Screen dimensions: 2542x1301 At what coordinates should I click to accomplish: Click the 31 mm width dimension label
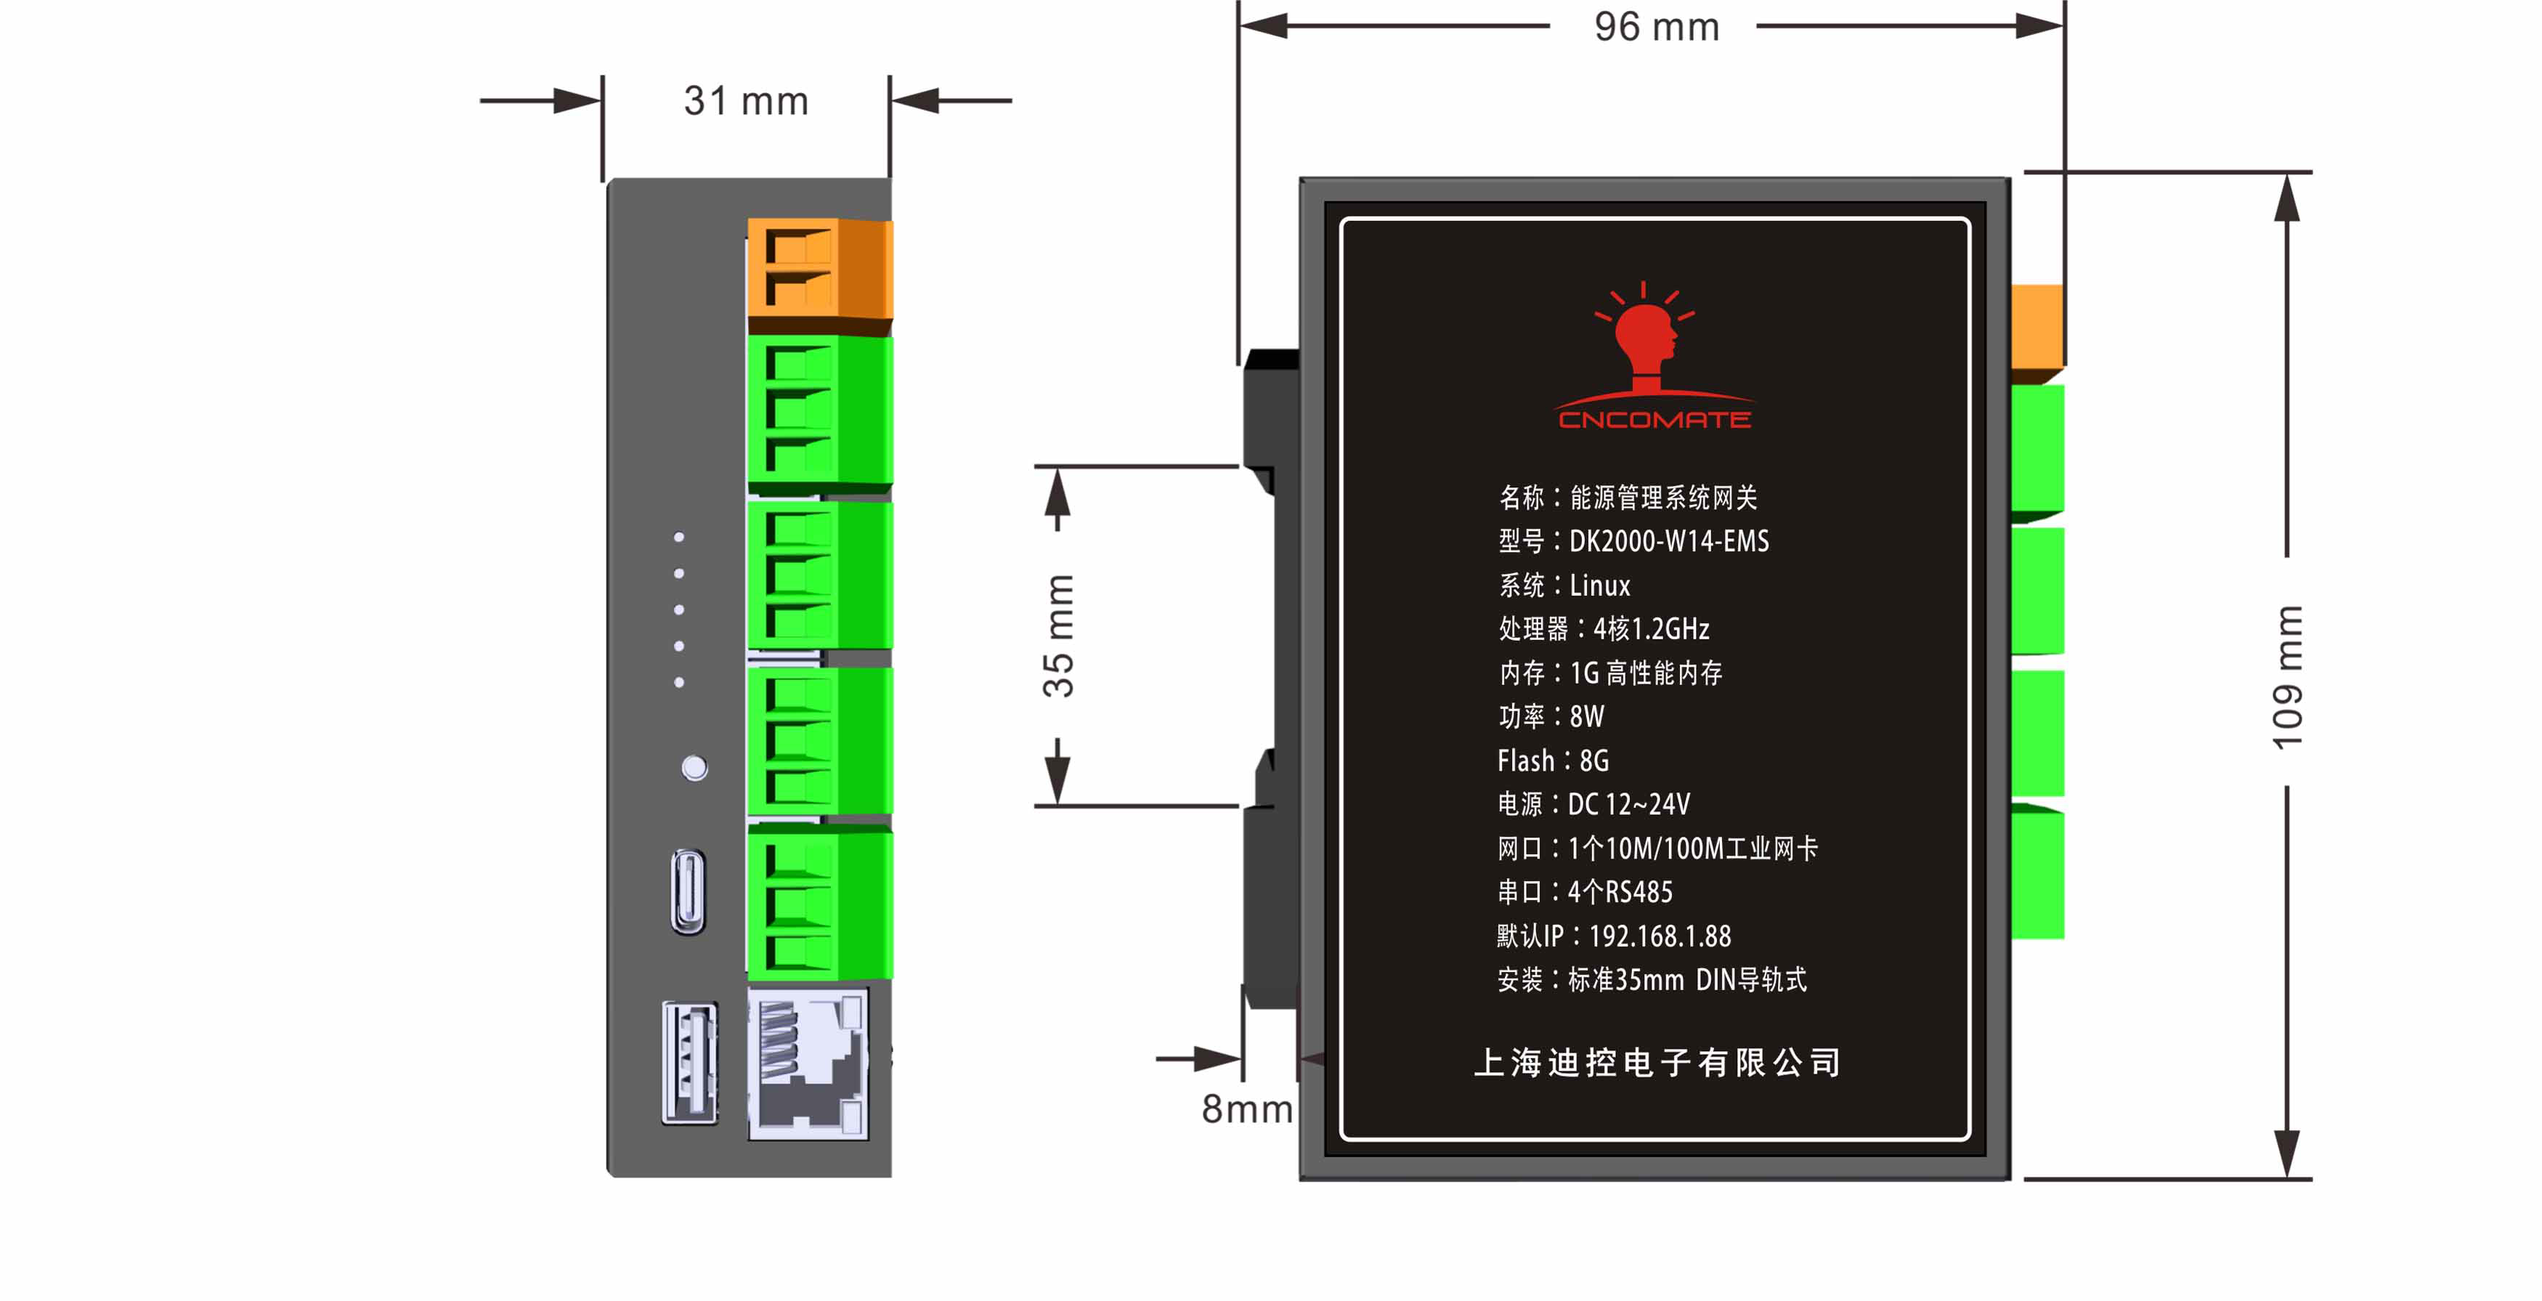[x=746, y=101]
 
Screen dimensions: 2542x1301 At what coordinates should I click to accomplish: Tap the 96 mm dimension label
[x=1657, y=27]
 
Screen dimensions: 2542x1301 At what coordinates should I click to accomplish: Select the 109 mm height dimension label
[x=2286, y=677]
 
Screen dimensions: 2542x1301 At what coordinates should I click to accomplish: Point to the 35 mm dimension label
[x=1058, y=636]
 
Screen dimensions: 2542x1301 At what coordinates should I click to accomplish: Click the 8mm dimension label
[x=1247, y=1109]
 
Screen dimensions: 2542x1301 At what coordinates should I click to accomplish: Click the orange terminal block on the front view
[x=820, y=269]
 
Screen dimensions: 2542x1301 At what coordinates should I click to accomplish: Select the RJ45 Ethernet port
[x=808, y=1064]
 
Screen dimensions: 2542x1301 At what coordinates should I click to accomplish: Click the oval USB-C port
[x=689, y=891]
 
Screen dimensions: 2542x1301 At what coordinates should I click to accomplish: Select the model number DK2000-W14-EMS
[x=1669, y=541]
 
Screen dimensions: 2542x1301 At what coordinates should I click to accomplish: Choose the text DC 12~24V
[x=1629, y=804]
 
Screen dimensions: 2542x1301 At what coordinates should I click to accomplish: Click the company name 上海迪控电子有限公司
[x=1657, y=1062]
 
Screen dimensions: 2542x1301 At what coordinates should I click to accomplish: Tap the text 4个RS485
[x=1620, y=892]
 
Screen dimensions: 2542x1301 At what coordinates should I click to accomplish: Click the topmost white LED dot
[x=679, y=537]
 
